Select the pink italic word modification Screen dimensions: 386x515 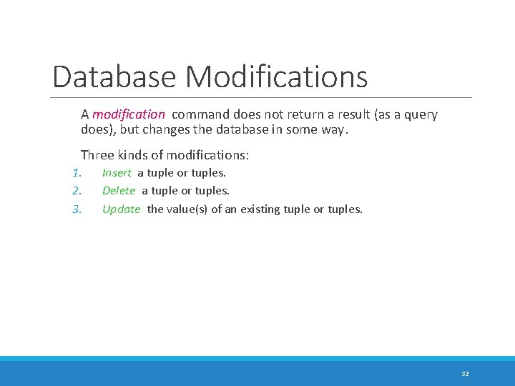129,114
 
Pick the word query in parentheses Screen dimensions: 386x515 421,114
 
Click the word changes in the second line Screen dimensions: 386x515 165,130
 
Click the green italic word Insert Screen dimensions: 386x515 117,173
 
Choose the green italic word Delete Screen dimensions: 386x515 119,191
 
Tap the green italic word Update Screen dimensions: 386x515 121,209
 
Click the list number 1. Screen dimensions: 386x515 78,173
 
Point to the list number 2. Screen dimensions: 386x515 78,191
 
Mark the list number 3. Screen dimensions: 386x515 78,209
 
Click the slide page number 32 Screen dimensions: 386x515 465,374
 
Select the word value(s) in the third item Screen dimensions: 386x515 188,209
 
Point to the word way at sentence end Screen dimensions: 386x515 337,130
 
